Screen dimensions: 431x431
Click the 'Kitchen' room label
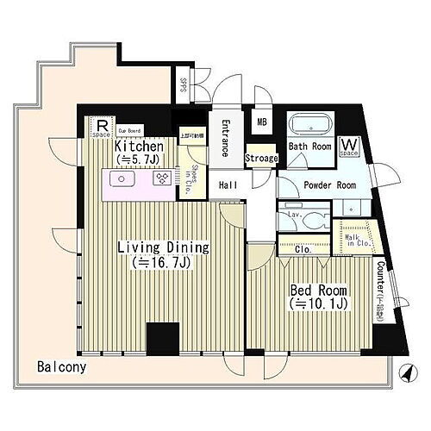(140, 147)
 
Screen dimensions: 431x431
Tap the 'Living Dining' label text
(164, 247)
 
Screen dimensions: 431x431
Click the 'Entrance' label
(225, 136)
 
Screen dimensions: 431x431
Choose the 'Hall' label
(228, 185)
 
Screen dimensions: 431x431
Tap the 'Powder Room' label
(328, 184)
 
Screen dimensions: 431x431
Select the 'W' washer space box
(350, 146)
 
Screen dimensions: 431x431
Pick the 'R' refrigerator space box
(102, 126)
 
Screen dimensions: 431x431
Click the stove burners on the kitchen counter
(161, 179)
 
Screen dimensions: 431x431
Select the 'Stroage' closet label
(261, 159)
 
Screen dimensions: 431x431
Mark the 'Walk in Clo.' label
(356, 237)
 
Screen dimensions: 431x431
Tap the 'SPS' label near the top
(184, 86)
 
